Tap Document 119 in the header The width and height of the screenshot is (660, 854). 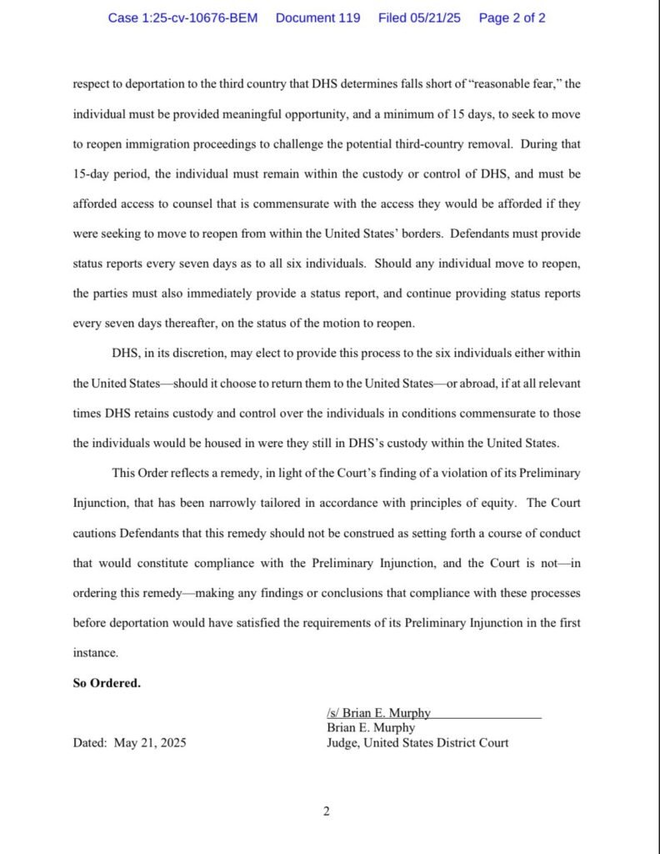click(317, 18)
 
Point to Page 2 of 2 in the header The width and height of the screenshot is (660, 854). click(512, 18)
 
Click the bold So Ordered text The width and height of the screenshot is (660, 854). click(107, 683)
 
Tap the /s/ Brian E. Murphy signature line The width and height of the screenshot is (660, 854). click(379, 713)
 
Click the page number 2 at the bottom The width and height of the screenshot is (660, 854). click(327, 811)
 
